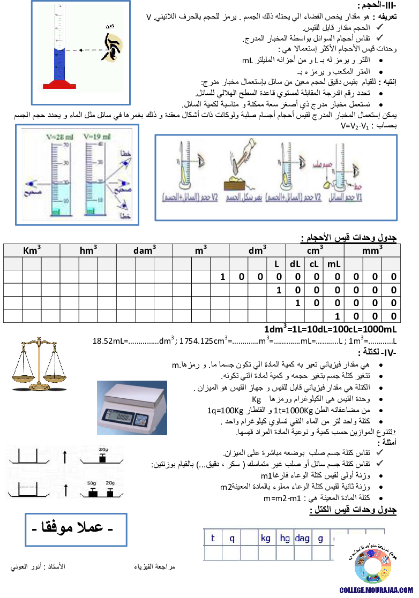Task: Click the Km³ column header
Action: click(32, 250)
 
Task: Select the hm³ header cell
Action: click(88, 250)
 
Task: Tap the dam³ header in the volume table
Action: click(145, 250)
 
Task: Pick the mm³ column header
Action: click(372, 250)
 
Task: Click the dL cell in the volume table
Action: click(295, 263)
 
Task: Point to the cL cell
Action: click(314, 263)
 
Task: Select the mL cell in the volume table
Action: click(334, 263)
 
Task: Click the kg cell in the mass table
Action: click(266, 539)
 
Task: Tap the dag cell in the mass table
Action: click(302, 539)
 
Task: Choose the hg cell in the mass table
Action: click(285, 539)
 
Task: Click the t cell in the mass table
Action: click(213, 539)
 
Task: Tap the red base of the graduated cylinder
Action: click(59, 85)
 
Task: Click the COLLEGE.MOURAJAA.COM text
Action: click(376, 590)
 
